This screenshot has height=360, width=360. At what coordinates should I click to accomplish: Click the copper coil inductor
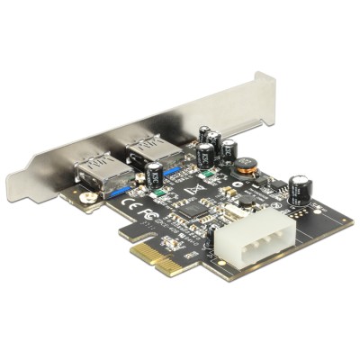tap(247, 166)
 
